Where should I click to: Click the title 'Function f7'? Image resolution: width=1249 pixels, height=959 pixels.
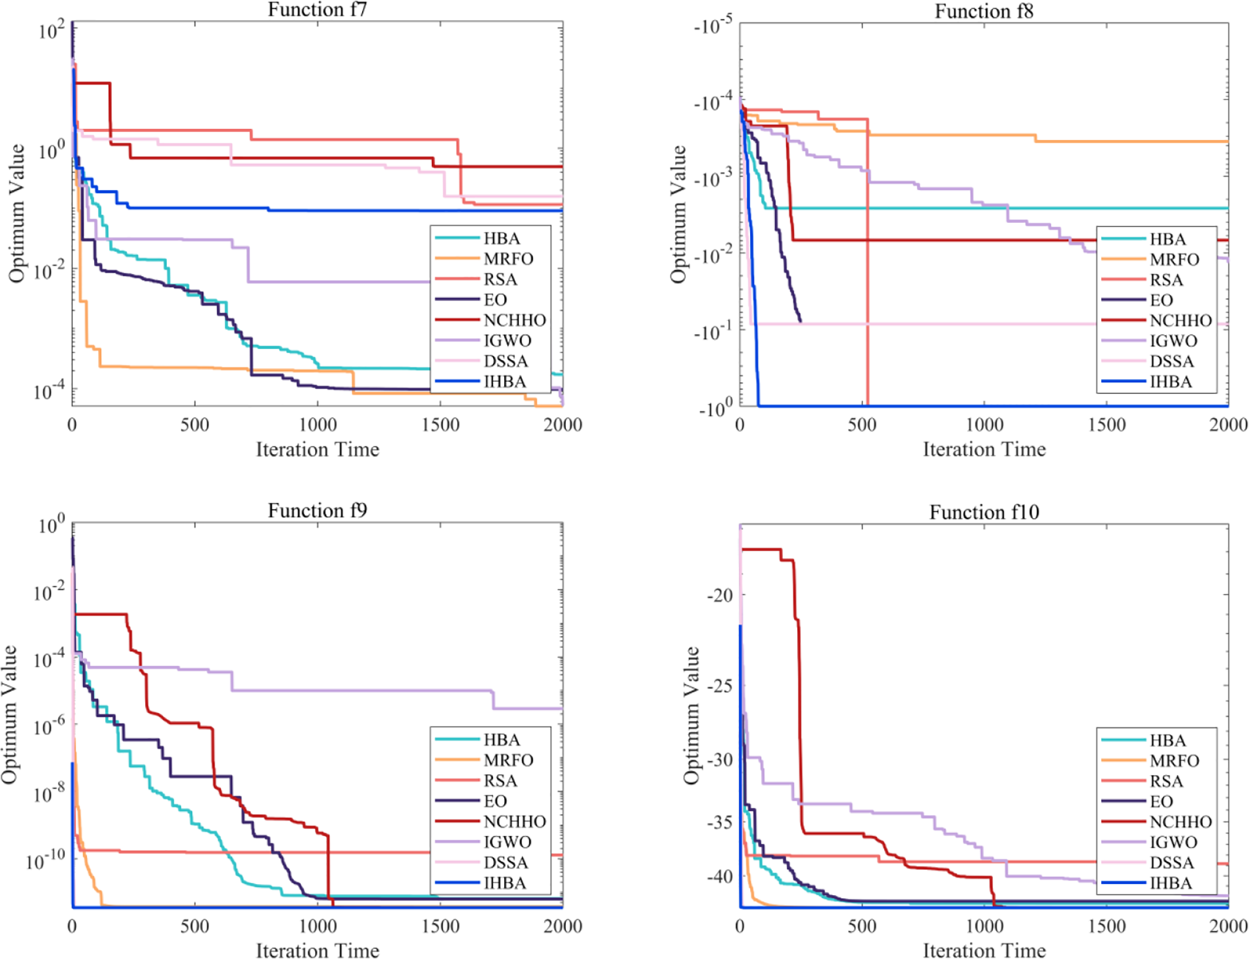click(317, 10)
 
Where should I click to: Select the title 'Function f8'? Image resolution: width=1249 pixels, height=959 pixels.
click(983, 11)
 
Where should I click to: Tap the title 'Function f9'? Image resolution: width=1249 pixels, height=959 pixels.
click(317, 511)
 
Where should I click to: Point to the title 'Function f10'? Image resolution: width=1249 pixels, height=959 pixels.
click(983, 512)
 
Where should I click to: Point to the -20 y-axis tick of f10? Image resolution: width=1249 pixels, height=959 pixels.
click(719, 596)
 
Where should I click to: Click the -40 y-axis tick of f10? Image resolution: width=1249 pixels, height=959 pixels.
click(719, 876)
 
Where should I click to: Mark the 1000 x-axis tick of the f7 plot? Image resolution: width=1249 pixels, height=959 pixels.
click(318, 425)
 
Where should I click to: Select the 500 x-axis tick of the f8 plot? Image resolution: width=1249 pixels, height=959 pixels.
click(861, 425)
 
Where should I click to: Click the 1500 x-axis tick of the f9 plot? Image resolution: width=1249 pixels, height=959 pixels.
click(440, 926)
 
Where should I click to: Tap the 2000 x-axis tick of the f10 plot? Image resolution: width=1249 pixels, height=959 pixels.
click(1228, 926)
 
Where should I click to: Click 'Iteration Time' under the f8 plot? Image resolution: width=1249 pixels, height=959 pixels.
click(983, 450)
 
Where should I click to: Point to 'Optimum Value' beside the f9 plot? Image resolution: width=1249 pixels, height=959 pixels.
click(9, 714)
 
